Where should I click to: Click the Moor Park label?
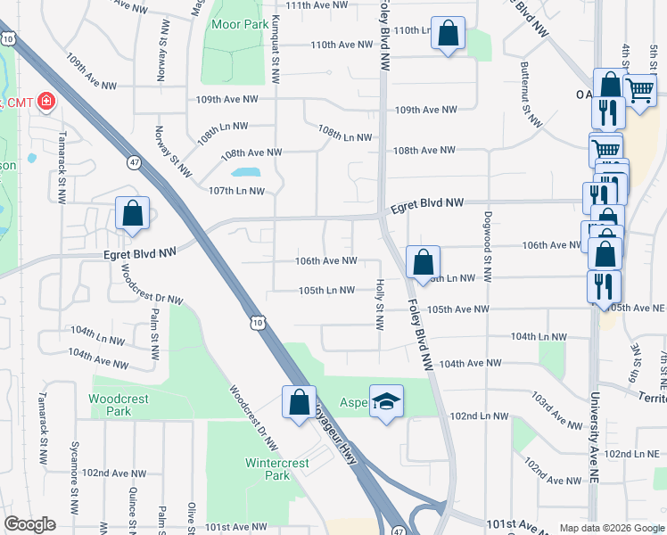[235, 24]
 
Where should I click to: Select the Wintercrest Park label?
[277, 469]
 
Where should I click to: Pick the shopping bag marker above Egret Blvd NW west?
[133, 214]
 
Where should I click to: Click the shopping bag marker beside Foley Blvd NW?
[423, 261]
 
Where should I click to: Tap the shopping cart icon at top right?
[640, 89]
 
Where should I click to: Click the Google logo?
[29, 524]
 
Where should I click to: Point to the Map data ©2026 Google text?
[611, 528]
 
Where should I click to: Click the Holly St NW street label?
[380, 304]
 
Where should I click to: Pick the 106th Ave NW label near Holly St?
[327, 261]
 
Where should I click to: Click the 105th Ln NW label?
[327, 291]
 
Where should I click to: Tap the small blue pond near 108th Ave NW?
[245, 173]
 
